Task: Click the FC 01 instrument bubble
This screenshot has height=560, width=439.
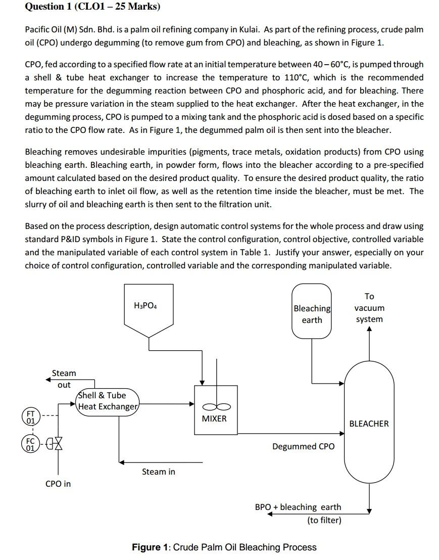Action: pos(31,444)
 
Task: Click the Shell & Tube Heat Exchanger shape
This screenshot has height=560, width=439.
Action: pos(107,401)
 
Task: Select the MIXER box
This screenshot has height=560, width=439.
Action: pos(216,409)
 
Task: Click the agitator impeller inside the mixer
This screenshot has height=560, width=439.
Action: pos(216,406)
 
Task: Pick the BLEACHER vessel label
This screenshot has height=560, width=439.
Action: pos(369,424)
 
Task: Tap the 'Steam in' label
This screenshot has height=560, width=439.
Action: pos(158,472)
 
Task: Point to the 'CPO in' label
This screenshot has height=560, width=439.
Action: pos(58,484)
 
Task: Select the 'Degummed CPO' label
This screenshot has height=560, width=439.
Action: pos(303,446)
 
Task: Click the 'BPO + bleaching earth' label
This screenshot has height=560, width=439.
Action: pos(298,507)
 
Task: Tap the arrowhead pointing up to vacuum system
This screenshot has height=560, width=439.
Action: pos(369,330)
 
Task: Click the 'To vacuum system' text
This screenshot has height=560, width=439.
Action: pos(369,308)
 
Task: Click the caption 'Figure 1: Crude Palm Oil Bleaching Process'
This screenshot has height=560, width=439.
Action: pos(224,547)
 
